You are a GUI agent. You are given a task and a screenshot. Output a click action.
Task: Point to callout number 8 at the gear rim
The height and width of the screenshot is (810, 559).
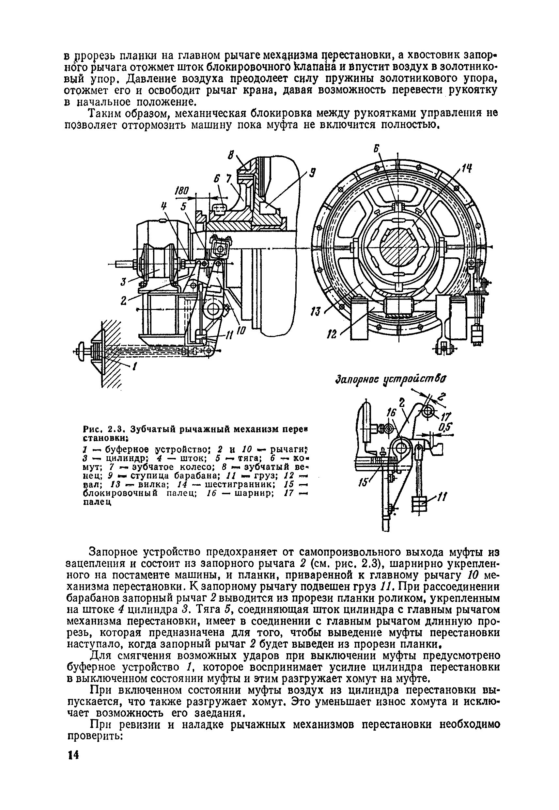click(231, 155)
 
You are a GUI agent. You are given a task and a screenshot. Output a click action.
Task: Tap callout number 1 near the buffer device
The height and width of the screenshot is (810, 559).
click(133, 366)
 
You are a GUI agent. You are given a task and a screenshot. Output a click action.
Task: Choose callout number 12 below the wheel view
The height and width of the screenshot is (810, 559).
click(331, 335)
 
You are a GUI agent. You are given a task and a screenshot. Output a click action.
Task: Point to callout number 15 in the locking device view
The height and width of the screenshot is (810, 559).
click(361, 483)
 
